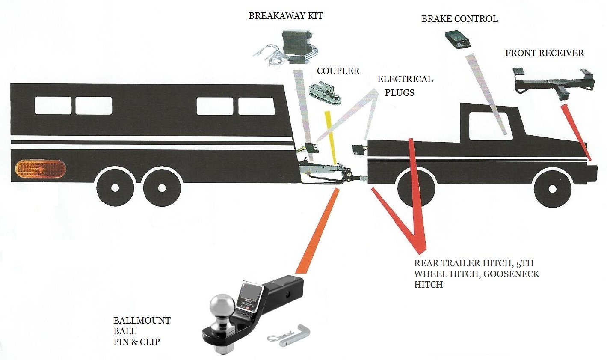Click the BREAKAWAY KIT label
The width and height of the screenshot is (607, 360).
285,16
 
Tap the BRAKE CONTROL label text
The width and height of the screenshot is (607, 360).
459,19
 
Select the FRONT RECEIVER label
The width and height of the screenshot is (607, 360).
544,53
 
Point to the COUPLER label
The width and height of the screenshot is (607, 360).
338,71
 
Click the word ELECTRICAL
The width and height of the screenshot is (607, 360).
405,79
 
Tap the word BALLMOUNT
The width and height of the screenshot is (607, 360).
142,321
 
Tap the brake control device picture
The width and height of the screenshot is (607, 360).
457,40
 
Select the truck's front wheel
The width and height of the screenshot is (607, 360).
552,189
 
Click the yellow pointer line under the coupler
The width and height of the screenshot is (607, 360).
332,137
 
